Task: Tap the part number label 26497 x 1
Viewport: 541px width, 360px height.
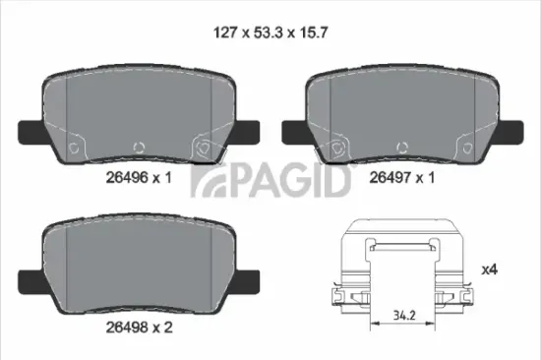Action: click(x=402, y=178)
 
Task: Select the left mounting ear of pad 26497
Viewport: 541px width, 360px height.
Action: click(x=293, y=129)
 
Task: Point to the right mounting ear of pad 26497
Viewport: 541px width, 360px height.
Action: click(x=511, y=129)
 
